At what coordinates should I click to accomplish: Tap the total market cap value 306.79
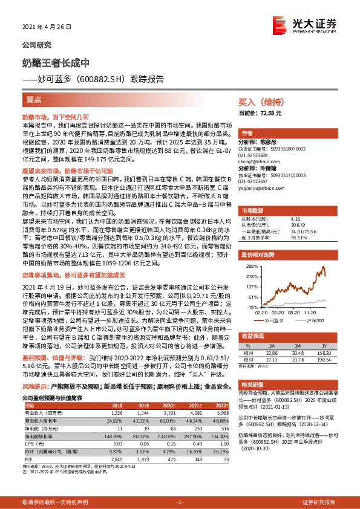click(301, 224)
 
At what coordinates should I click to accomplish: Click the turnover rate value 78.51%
click(301, 238)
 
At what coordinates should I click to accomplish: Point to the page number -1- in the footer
click(180, 502)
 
